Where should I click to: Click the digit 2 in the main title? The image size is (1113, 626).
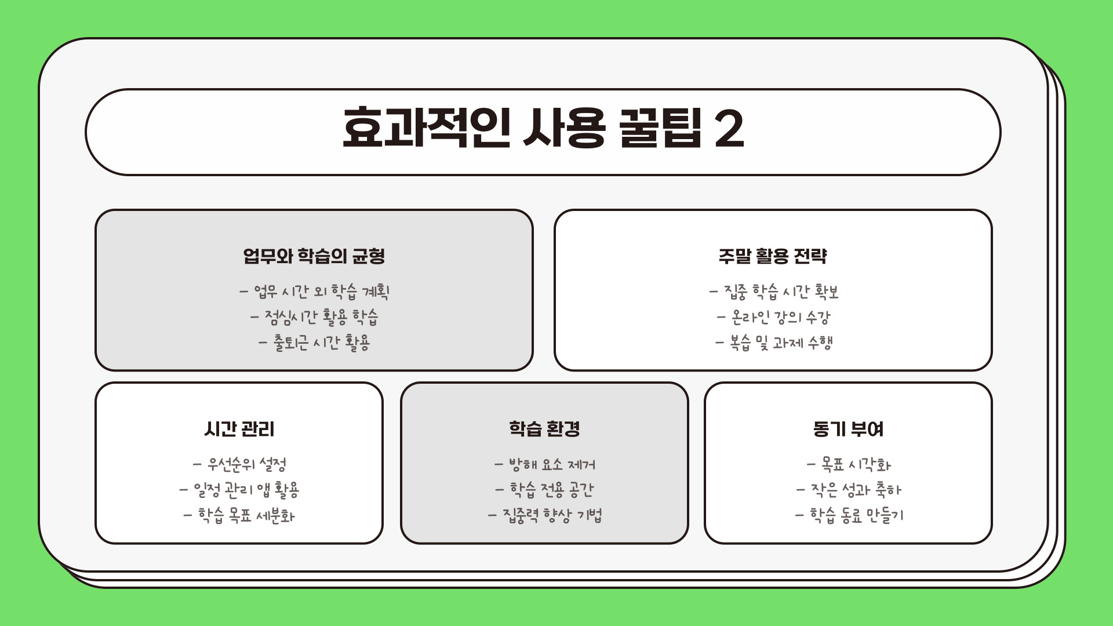(729, 129)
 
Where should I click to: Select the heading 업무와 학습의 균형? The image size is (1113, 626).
(314, 256)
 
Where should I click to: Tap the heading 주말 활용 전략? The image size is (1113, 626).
(773, 256)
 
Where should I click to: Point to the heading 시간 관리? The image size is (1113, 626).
(239, 429)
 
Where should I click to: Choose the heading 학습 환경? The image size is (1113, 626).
(544, 429)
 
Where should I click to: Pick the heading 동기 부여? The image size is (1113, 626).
(848, 429)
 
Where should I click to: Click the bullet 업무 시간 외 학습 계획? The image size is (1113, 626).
(321, 291)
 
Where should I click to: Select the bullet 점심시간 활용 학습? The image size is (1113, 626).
(321, 316)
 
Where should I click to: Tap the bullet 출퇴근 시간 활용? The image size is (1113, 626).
(321, 342)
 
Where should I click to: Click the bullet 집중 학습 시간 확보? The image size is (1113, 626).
(780, 291)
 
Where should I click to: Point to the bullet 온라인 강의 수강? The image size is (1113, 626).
(780, 316)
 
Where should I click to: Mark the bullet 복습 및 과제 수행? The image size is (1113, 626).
(780, 342)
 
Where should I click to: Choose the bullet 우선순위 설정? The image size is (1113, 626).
(246, 464)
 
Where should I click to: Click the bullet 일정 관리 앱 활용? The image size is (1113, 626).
(246, 490)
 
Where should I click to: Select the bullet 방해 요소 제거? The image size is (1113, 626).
(551, 464)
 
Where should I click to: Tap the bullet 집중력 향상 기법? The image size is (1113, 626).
(551, 515)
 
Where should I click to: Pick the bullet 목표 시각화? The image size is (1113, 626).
(855, 464)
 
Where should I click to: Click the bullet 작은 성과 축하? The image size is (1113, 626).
(855, 490)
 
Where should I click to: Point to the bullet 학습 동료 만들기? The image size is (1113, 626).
(855, 515)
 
